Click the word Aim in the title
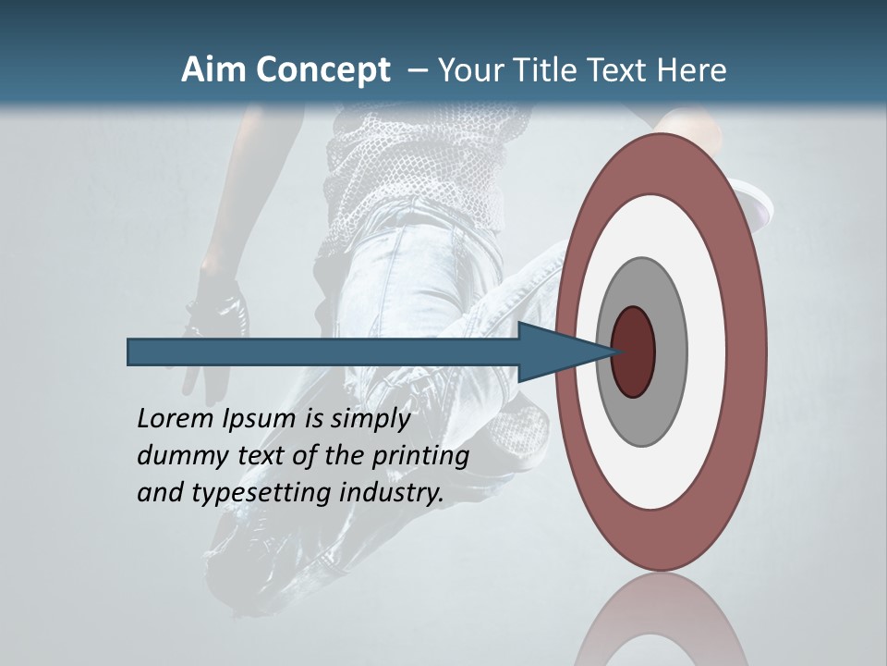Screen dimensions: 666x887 213,70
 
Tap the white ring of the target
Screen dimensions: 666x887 707,352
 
